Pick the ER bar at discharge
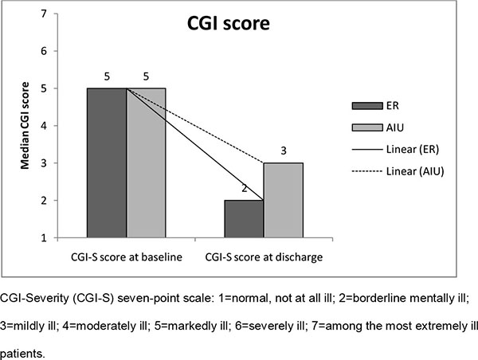(244, 218)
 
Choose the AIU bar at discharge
(283, 199)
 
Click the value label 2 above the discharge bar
(244, 190)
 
